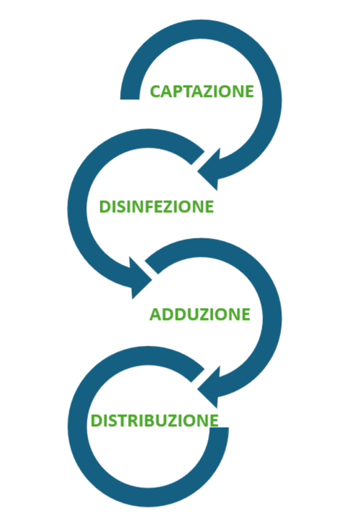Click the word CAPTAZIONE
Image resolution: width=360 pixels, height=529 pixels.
[202, 91]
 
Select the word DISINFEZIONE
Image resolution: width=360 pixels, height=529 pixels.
[156, 207]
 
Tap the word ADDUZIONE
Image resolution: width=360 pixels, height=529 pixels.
[199, 315]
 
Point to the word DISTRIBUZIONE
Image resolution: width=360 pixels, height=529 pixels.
[155, 420]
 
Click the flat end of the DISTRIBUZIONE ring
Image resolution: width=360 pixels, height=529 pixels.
[219, 428]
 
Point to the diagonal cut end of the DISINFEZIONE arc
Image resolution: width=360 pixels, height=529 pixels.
[198, 158]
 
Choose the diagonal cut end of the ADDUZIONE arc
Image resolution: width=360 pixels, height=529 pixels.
[151, 267]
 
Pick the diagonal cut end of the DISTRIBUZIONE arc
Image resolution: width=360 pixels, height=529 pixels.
[198, 376]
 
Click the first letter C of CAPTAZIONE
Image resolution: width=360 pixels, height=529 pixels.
[156, 91]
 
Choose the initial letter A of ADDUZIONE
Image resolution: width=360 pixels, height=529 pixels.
[156, 315]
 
